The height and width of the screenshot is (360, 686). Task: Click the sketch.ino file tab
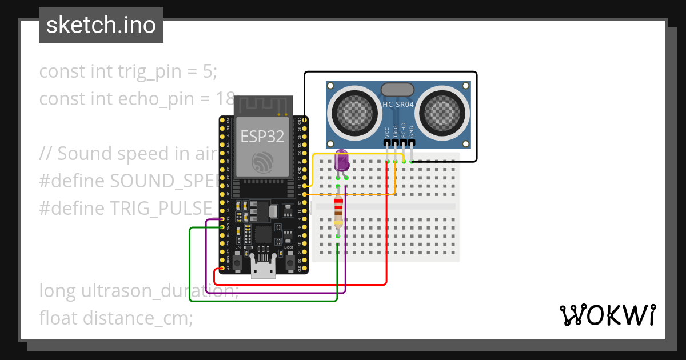click(x=101, y=25)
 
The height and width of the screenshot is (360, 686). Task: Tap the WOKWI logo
click(x=607, y=315)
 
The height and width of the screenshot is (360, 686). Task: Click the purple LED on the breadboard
click(x=342, y=161)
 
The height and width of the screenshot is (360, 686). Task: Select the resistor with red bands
click(x=338, y=211)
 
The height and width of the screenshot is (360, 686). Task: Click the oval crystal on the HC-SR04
click(x=397, y=89)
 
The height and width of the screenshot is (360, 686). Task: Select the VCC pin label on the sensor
click(x=388, y=132)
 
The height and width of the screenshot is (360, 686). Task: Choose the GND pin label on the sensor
click(x=412, y=132)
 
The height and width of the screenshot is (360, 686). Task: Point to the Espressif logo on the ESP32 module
click(x=264, y=162)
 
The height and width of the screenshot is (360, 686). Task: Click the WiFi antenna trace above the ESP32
click(x=264, y=106)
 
